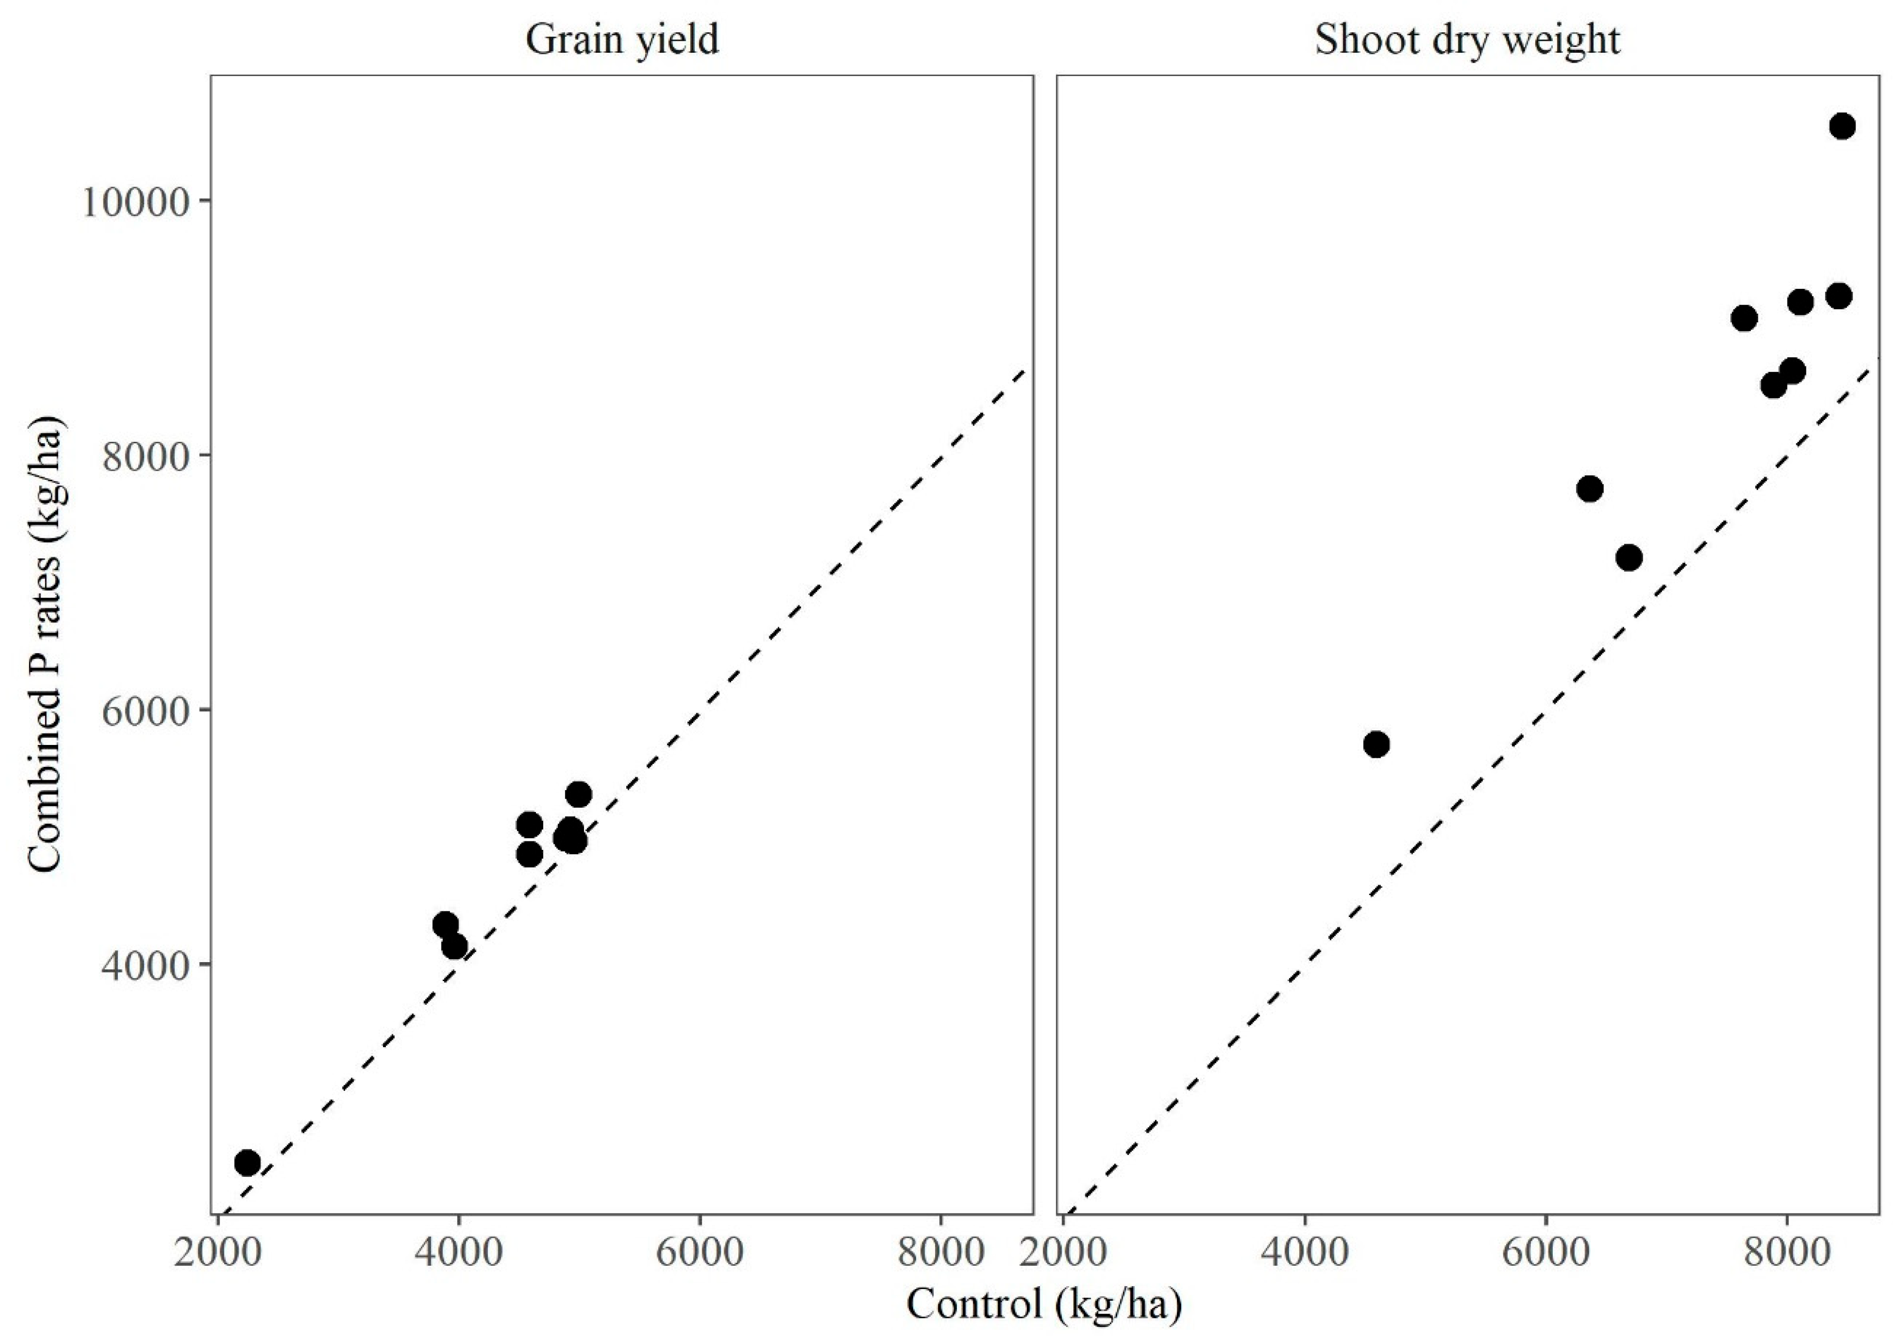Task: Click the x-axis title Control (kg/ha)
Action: click(1044, 1305)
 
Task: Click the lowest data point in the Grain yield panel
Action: click(248, 1163)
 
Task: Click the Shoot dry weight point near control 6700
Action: click(1629, 557)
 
